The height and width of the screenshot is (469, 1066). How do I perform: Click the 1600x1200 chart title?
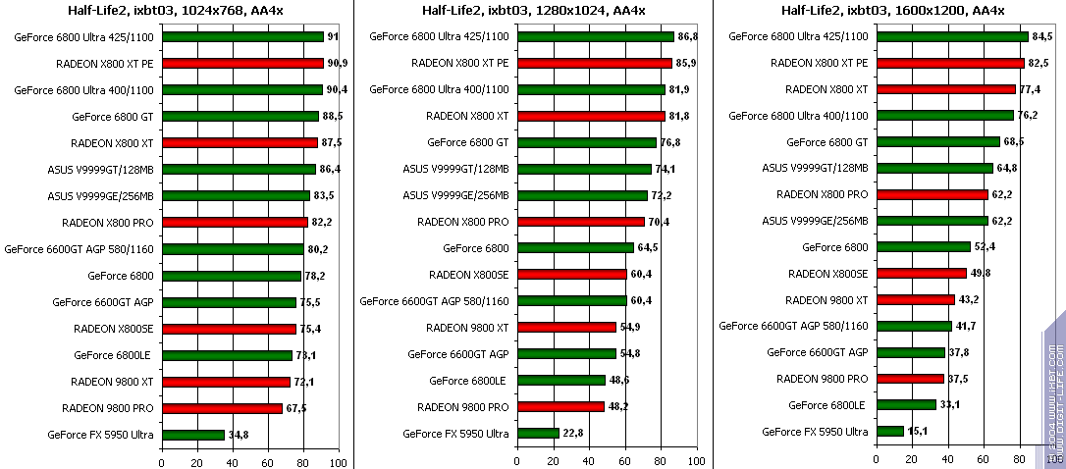[x=892, y=11]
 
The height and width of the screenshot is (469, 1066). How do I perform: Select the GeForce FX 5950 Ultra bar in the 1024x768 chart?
[x=193, y=434]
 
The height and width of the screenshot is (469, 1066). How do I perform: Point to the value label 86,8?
[x=689, y=36]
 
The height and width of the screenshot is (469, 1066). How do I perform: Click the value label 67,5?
[x=296, y=408]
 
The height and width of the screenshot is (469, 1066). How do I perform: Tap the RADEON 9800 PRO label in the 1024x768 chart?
[x=107, y=408]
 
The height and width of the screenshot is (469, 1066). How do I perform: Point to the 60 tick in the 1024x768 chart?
[x=268, y=461]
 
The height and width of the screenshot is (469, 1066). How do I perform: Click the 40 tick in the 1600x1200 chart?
[x=947, y=458]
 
